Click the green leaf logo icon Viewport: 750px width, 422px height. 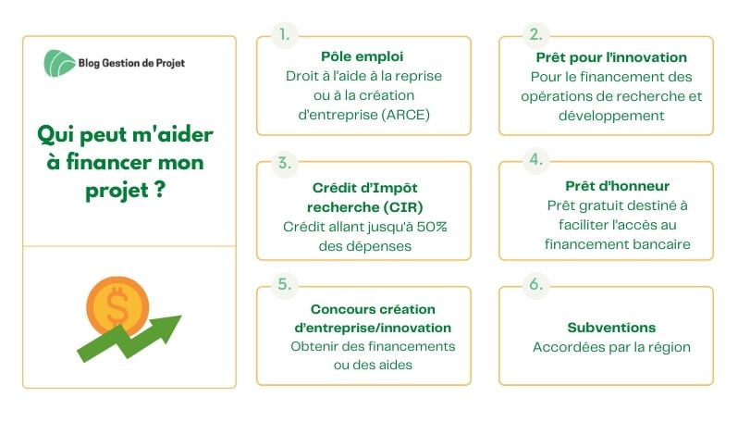pos(61,63)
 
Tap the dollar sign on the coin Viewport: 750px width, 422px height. pos(117,307)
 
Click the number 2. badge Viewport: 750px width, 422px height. pos(535,34)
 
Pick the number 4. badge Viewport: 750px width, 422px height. pos(535,159)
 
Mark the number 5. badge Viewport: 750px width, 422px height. pos(284,284)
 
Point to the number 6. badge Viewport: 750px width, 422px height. pos(535,284)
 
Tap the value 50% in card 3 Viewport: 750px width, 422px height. pos(428,227)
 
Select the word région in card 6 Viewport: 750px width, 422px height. pos(667,347)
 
